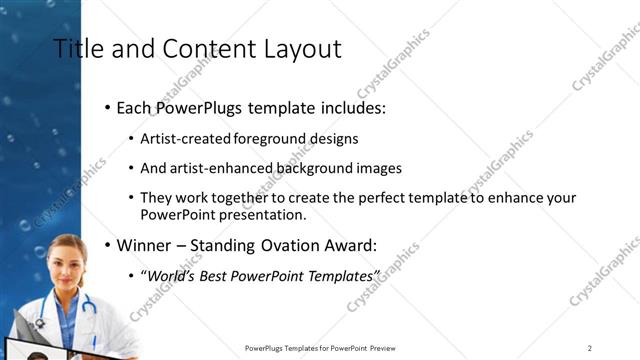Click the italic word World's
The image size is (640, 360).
point(174,275)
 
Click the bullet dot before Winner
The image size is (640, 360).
point(108,244)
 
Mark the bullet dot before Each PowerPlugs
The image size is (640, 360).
point(108,107)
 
